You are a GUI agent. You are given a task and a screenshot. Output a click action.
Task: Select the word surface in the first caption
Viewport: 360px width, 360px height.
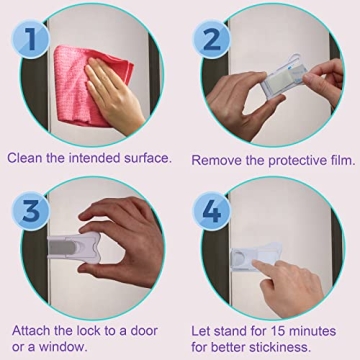pyautogui.click(x=145, y=157)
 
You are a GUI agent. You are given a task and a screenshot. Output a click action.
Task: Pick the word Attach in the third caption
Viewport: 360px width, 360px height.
pyautogui.click(x=31, y=329)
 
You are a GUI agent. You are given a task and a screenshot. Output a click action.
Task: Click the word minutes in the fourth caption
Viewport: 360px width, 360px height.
pyautogui.click(x=325, y=329)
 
